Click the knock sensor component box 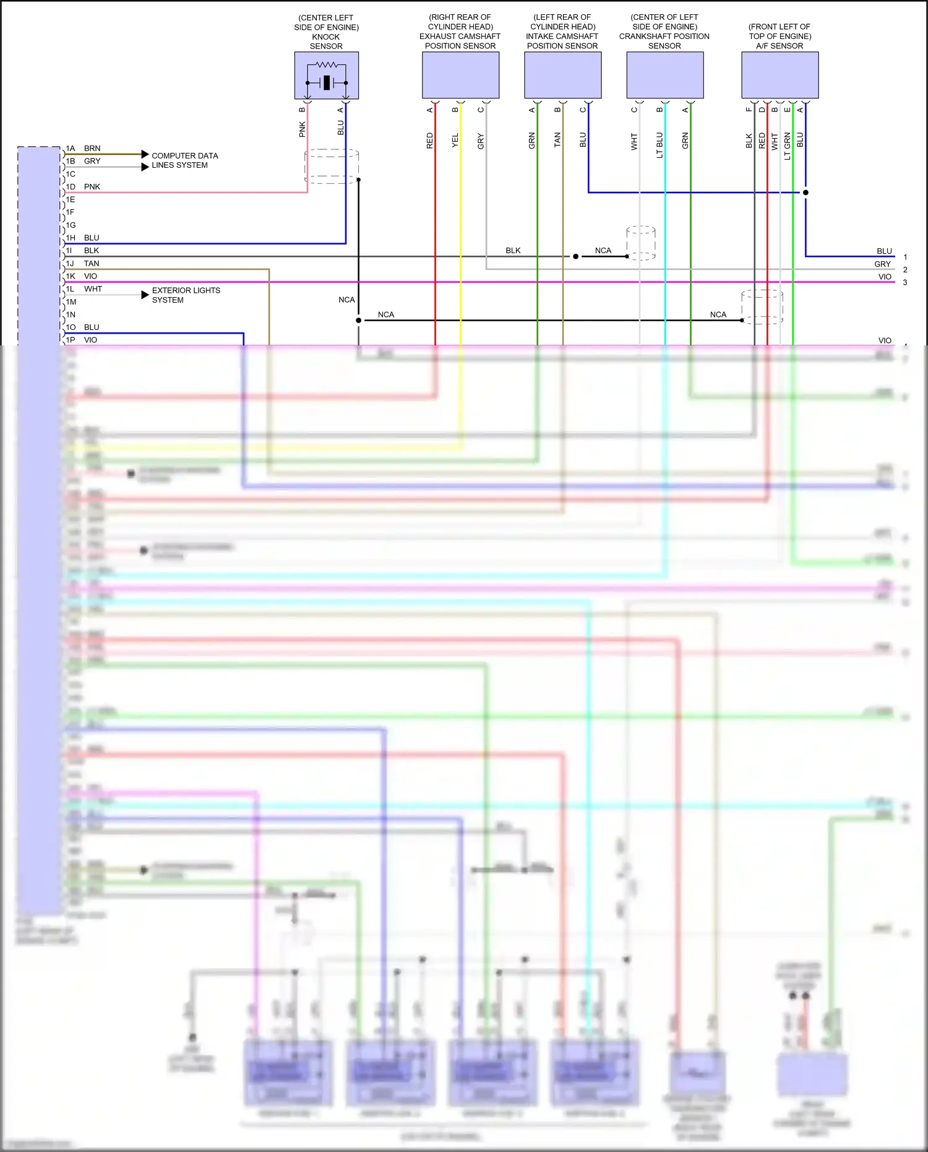pos(326,76)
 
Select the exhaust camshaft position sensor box pos(460,75)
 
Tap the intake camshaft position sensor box pos(562,75)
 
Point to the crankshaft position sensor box pos(664,75)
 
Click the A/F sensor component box pos(780,75)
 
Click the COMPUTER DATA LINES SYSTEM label pos(184,160)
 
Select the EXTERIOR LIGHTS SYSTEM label pos(186,295)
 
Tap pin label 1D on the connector pos(71,186)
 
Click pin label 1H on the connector pos(71,238)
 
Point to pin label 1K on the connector pos(71,276)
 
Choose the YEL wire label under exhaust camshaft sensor pos(455,140)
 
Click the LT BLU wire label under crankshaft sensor pos(659,145)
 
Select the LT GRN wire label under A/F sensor pos(788,146)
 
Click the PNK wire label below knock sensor pos(302,129)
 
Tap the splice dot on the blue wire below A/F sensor pos(806,193)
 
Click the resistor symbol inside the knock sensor pos(326,64)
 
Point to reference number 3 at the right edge pos(905,282)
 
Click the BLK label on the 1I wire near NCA pos(513,250)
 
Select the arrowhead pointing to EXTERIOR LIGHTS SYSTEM pos(145,295)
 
